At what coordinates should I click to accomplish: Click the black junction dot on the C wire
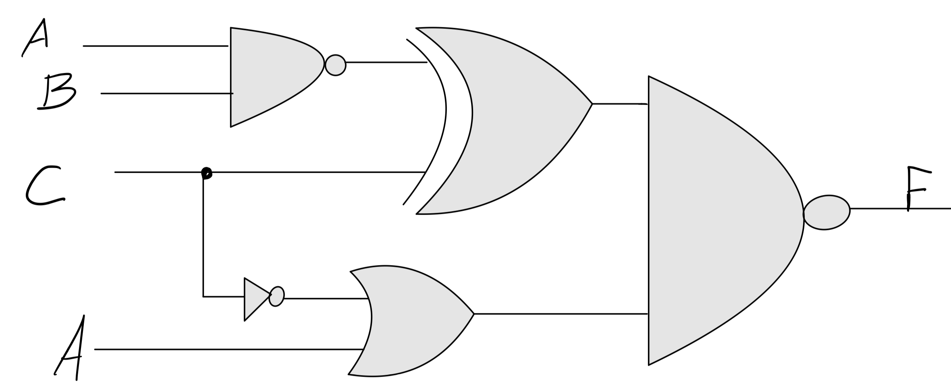[206, 173]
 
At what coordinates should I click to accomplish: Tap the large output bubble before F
[826, 212]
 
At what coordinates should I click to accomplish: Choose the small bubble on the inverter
[277, 297]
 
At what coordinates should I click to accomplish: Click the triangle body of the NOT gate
[254, 299]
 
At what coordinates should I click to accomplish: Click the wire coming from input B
[165, 93]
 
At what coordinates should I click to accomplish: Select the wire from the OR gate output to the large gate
[560, 313]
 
